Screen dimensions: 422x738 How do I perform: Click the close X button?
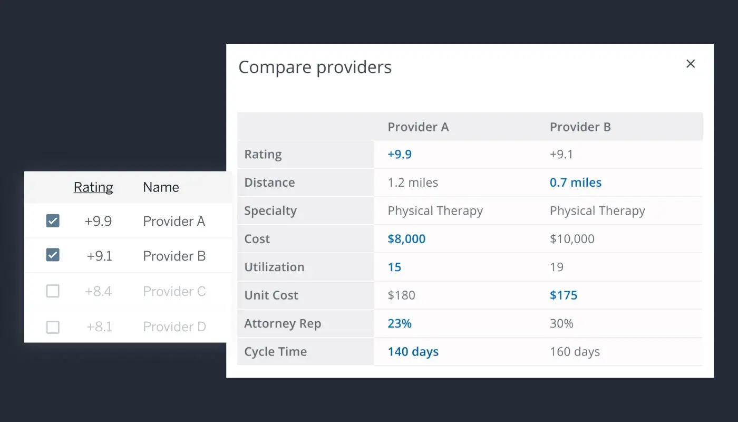coord(691,64)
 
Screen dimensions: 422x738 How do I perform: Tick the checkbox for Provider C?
coord(53,291)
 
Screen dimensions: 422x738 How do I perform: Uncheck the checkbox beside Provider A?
coord(53,221)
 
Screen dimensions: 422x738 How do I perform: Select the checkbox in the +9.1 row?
coord(53,255)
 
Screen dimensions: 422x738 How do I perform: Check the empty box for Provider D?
coord(53,327)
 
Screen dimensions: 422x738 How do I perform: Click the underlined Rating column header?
coord(93,187)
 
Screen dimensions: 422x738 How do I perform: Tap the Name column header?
coord(161,187)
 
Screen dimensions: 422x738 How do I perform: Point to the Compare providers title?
coord(315,68)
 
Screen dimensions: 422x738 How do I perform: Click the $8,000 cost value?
coord(406,239)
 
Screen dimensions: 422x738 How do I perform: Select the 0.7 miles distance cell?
coord(576,183)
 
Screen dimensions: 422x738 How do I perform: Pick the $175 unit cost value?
coord(564,295)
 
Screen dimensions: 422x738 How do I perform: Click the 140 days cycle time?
coord(413,352)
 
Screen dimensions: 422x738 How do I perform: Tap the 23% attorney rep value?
coord(400,323)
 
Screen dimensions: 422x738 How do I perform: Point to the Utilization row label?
coord(274,267)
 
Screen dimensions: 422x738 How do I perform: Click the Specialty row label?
coord(270,211)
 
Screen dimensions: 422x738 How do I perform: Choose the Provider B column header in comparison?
coord(580,127)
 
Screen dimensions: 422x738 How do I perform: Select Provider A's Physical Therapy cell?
coord(435,211)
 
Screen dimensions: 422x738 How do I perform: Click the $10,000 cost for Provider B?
coord(572,239)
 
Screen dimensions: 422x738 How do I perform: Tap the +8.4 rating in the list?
coord(98,291)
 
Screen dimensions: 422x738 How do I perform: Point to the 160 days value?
coord(575,352)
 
